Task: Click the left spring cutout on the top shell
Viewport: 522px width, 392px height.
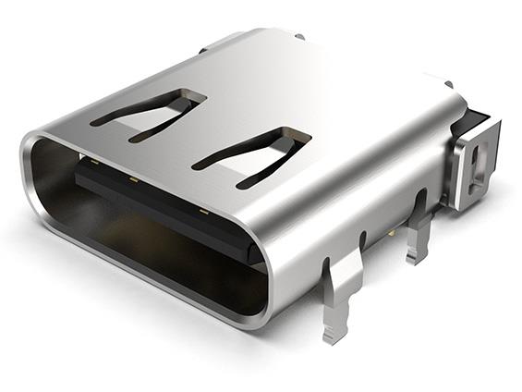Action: (x=148, y=113)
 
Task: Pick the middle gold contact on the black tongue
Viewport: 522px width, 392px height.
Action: (x=133, y=178)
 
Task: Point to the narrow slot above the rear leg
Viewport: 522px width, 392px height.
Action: (x=422, y=201)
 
